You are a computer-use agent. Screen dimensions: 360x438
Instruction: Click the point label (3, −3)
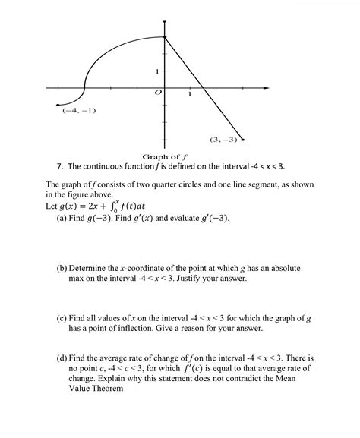click(223, 140)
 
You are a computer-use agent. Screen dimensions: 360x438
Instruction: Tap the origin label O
click(158, 92)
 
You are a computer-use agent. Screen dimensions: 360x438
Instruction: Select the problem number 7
click(59, 165)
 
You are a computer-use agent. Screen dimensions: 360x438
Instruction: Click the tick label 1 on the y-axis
click(156, 71)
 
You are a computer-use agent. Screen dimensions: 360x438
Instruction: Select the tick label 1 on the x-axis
click(189, 95)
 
